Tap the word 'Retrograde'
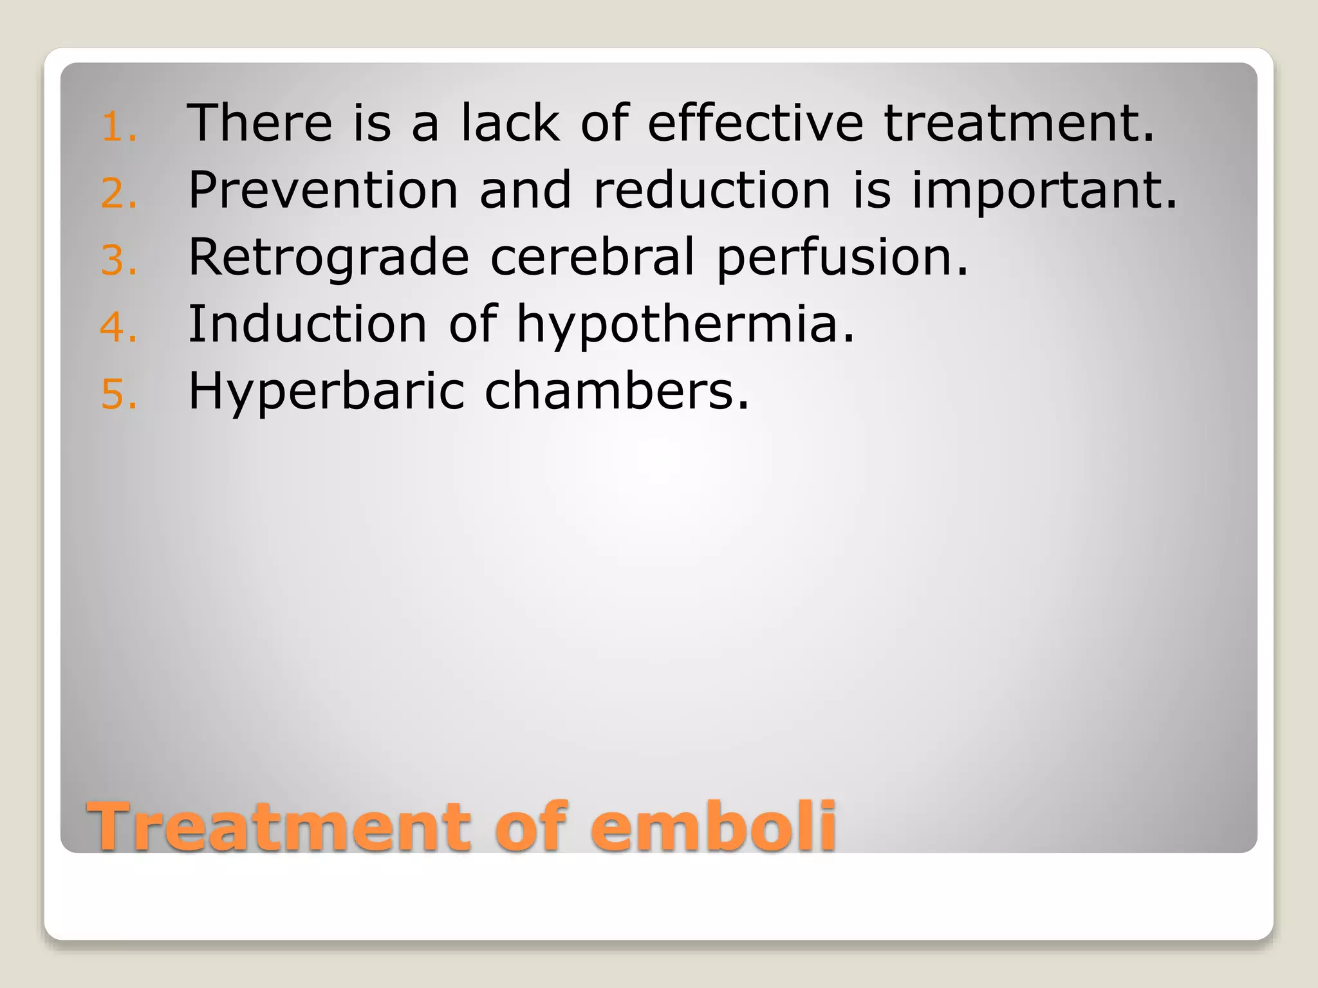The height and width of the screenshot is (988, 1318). tap(329, 257)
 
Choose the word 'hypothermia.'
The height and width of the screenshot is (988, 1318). tap(685, 325)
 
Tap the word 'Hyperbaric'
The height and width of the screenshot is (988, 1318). tap(326, 392)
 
